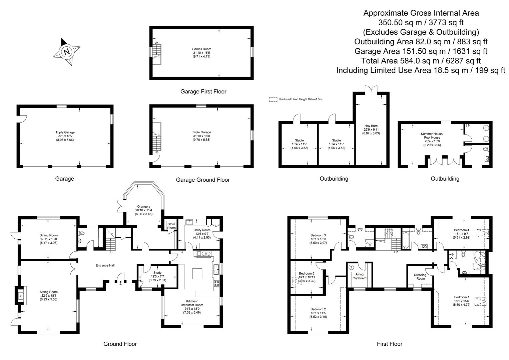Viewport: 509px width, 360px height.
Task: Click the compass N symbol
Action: [67, 52]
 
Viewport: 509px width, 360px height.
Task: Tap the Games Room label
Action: [201, 49]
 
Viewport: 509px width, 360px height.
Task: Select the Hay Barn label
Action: [371, 126]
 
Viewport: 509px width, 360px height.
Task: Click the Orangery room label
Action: [144, 206]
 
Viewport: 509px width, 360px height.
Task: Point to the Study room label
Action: [157, 273]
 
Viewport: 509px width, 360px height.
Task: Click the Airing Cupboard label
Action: [360, 276]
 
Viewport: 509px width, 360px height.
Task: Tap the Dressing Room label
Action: [420, 277]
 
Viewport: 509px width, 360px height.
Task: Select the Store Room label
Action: [171, 226]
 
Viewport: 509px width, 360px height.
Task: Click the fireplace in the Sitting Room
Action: [21, 296]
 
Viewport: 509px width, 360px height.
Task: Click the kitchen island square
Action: [197, 273]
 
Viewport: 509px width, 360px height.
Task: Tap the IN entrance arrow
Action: [120, 283]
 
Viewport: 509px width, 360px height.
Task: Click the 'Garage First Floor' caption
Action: [203, 92]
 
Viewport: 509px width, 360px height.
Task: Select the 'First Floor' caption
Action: [390, 344]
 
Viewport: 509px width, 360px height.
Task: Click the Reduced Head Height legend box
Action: [273, 99]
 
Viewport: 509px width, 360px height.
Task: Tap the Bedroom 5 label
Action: [307, 273]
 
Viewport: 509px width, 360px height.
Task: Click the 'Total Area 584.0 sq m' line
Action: [421, 61]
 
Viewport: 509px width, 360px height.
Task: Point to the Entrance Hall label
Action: [105, 265]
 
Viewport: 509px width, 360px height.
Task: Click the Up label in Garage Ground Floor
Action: [156, 152]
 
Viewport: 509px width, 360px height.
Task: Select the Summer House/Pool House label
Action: [432, 136]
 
